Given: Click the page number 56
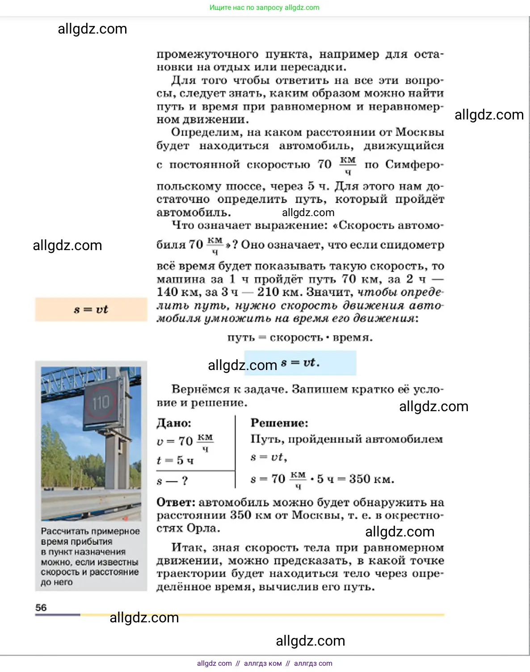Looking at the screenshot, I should coord(41,607).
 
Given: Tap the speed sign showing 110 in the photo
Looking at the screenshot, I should coord(101,402).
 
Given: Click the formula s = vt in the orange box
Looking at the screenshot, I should coord(91,309).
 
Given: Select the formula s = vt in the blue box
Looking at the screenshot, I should coord(300,362).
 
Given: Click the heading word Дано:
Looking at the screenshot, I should coord(174,423).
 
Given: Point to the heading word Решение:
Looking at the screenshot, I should coord(279,423).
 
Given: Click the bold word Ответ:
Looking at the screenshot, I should coord(176,502).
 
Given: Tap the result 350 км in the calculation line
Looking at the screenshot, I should coord(371,479).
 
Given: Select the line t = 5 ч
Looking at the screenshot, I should coord(175,460).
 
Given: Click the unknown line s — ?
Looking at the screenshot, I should coord(172,481).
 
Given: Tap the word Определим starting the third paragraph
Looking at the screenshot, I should coord(206,132).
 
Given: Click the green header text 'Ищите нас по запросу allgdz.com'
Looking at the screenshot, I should coord(265,8).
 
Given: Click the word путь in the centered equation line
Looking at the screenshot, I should coord(240,337).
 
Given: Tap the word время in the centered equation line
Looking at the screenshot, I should coord(352,337).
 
